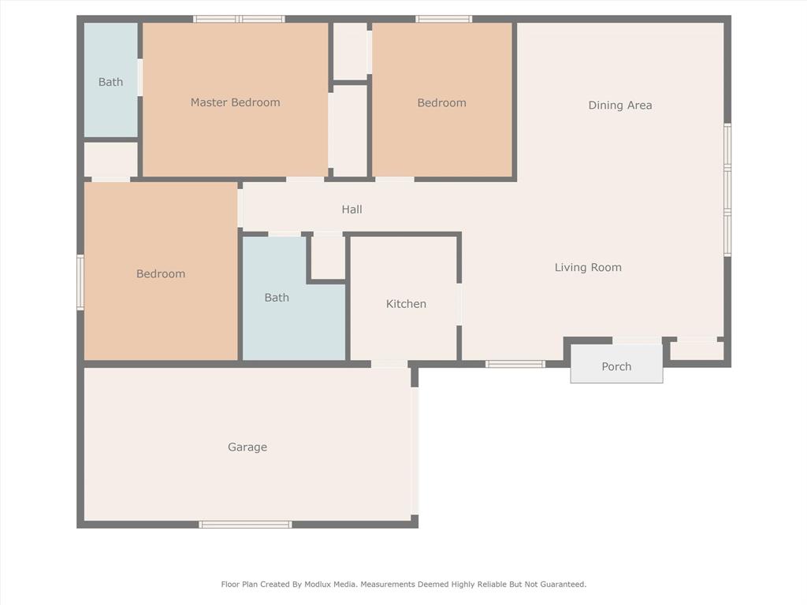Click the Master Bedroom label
[x=235, y=102]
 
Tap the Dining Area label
[x=620, y=106]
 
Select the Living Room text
[x=588, y=268]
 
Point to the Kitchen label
[x=406, y=304]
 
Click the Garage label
[x=247, y=447]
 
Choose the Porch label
[x=616, y=367]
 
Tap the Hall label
[x=352, y=210]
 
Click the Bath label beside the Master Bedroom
[x=110, y=82]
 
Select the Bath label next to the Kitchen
[x=277, y=298]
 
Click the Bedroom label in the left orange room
[x=161, y=274]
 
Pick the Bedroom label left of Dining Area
[x=441, y=103]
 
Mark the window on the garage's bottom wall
[x=245, y=525]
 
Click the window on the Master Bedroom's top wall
[x=239, y=19]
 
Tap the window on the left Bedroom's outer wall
[x=80, y=282]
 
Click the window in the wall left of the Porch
[x=515, y=364]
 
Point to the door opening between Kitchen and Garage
[x=389, y=364]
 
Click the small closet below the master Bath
[x=110, y=160]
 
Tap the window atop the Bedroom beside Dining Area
[x=444, y=19]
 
